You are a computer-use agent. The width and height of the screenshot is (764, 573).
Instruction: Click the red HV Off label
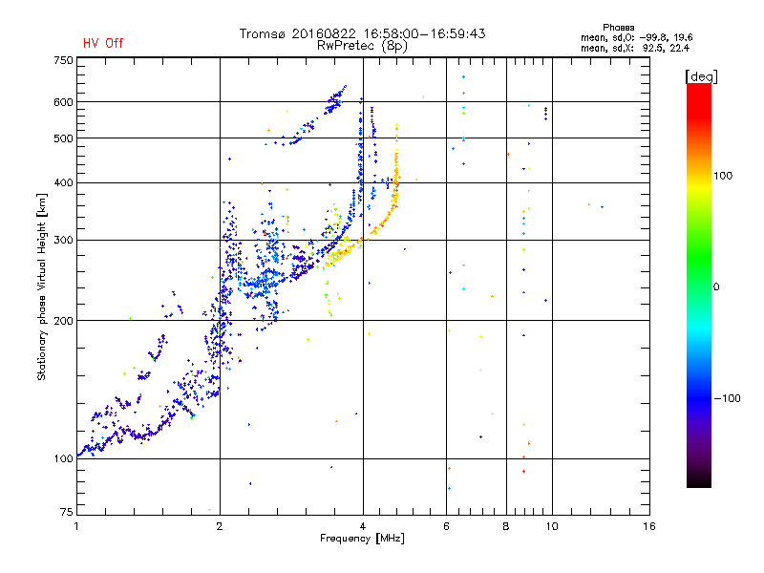(x=102, y=43)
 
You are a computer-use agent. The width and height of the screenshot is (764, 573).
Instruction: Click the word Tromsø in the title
(x=261, y=33)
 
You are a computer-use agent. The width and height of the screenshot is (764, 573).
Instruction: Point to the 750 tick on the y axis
(x=63, y=59)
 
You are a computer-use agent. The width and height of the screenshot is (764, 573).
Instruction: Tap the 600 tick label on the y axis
(x=63, y=102)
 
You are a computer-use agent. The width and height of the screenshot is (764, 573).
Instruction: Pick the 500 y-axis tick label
(x=63, y=138)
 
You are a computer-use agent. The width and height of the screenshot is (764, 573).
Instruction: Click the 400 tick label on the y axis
(x=63, y=182)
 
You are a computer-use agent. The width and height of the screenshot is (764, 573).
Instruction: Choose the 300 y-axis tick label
(x=63, y=240)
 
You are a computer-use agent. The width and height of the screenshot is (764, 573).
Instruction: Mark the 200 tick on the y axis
(x=63, y=321)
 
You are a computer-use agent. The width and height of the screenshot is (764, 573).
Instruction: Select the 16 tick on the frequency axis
(x=648, y=526)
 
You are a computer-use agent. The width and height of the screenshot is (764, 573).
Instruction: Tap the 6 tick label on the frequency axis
(x=446, y=526)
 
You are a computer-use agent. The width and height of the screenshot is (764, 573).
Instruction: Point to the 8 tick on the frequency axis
(x=506, y=526)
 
